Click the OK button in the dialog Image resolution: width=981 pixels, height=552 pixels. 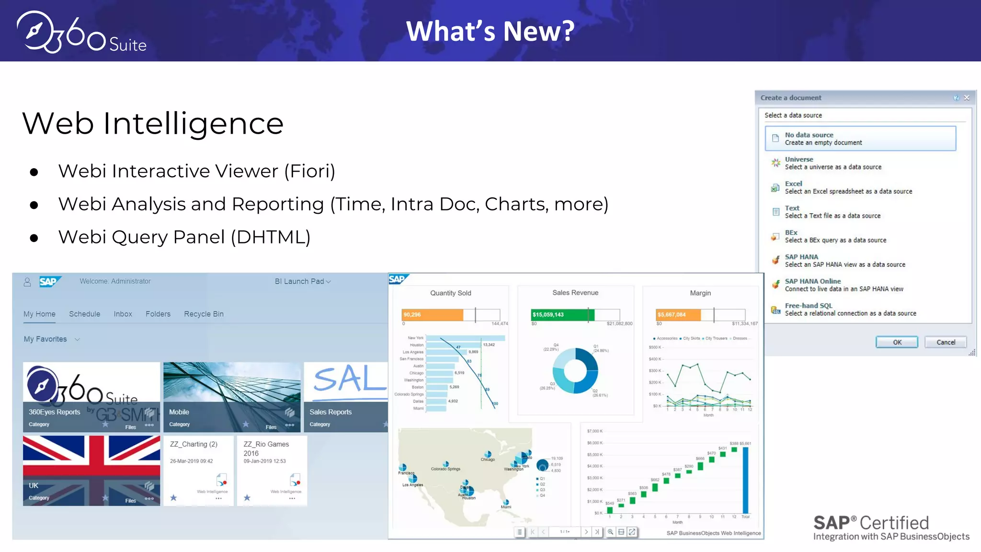(x=897, y=342)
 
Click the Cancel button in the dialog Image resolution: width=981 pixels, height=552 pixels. (x=946, y=342)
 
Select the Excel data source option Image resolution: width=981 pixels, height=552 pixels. (x=848, y=187)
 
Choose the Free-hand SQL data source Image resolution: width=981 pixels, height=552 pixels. (x=850, y=310)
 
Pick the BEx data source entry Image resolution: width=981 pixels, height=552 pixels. (x=835, y=236)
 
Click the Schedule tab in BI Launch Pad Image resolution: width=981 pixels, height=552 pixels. (x=84, y=314)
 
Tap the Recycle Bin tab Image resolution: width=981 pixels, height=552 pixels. (x=204, y=314)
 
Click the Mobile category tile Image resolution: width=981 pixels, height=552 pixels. (x=232, y=397)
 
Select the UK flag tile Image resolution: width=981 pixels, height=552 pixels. (x=91, y=470)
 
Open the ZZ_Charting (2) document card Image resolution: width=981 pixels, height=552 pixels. (x=198, y=470)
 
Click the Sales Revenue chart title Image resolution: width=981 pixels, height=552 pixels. (x=575, y=293)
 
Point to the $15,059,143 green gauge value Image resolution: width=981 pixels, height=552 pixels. (x=548, y=315)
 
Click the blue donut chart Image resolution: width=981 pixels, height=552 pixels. (x=575, y=370)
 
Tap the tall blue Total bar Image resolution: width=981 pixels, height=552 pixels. (x=745, y=479)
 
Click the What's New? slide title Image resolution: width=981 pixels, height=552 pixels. (x=490, y=31)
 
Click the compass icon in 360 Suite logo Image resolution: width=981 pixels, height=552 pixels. (x=34, y=32)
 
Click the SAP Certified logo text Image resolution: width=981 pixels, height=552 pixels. (x=871, y=523)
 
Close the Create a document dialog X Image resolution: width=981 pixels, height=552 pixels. (x=967, y=98)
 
